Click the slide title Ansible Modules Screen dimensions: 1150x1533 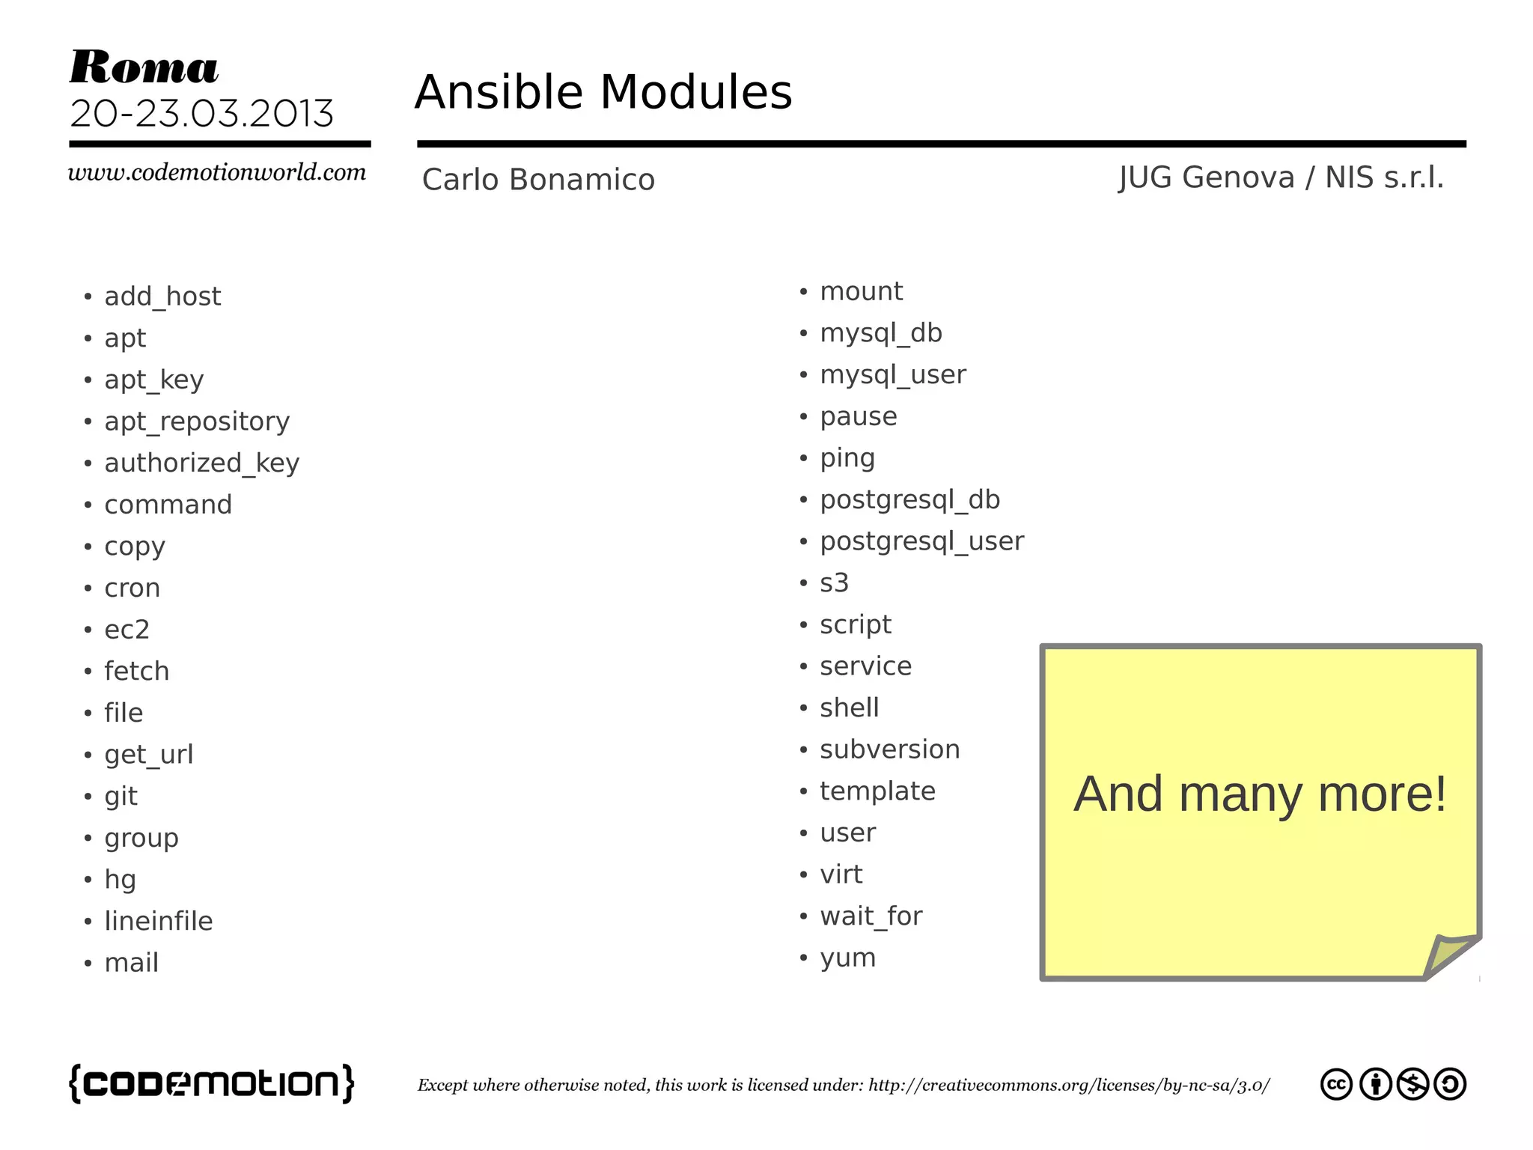coord(603,92)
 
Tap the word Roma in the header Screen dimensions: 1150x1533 coord(144,67)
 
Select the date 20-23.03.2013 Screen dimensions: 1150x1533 coord(201,114)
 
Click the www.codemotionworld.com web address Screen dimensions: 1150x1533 coord(217,172)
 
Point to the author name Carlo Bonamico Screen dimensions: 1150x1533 coord(538,180)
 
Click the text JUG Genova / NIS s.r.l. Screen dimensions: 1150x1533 coord(1281,178)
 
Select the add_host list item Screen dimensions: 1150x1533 coord(162,296)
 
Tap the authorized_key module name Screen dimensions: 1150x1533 coord(201,463)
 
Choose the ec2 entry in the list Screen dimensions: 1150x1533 coord(127,630)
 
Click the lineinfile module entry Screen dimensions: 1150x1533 coord(159,921)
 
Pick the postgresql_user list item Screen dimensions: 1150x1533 coord(921,541)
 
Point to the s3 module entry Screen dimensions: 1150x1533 coord(834,582)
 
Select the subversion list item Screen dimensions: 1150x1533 coord(889,749)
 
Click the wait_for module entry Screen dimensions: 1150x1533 coord(871,916)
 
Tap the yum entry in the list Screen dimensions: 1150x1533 coord(847,958)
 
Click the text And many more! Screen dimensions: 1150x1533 coord(1260,794)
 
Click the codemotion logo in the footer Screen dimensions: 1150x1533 coord(212,1083)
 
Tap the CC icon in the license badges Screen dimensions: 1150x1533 coord(1336,1084)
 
